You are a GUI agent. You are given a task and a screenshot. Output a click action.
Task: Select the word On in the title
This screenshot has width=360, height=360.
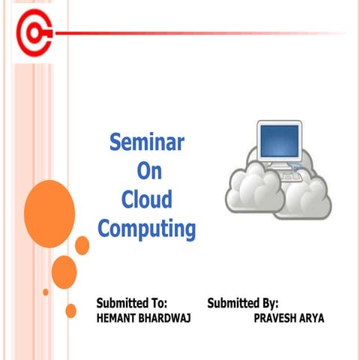149,171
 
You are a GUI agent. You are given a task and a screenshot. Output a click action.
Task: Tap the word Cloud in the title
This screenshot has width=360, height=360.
146,199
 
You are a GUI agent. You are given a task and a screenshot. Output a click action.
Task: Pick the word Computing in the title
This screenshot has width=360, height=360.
146,229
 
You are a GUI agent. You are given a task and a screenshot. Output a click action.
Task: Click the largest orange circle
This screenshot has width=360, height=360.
49,206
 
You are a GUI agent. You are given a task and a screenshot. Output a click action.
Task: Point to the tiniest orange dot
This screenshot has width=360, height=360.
46,292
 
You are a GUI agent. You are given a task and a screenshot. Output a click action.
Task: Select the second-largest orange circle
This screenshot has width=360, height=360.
64,271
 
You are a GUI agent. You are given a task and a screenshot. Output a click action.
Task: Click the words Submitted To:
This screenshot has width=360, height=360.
131,304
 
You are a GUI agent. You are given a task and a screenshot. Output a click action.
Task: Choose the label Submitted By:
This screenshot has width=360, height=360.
243,304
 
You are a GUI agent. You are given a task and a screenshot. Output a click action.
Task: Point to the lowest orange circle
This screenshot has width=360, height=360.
71,310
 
